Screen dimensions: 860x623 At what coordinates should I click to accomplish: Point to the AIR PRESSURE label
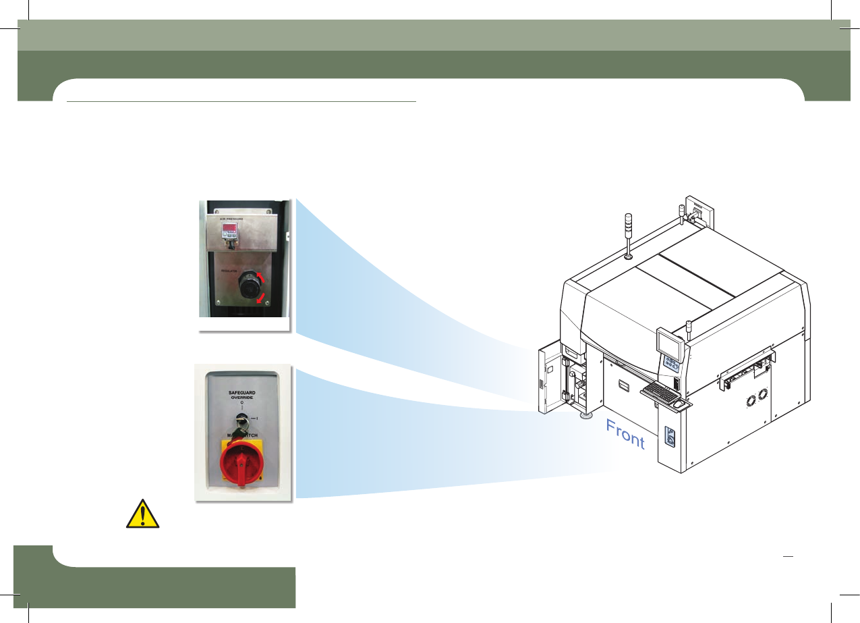pyautogui.click(x=227, y=219)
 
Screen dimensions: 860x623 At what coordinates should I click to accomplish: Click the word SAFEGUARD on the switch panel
pyautogui.click(x=243, y=391)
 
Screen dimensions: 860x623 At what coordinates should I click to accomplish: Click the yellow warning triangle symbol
pyautogui.click(x=143, y=514)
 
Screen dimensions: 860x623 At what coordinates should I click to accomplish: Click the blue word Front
pyautogui.click(x=625, y=434)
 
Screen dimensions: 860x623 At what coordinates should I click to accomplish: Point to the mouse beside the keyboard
pyautogui.click(x=679, y=405)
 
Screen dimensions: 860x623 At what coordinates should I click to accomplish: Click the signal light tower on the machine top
pyautogui.click(x=627, y=233)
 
